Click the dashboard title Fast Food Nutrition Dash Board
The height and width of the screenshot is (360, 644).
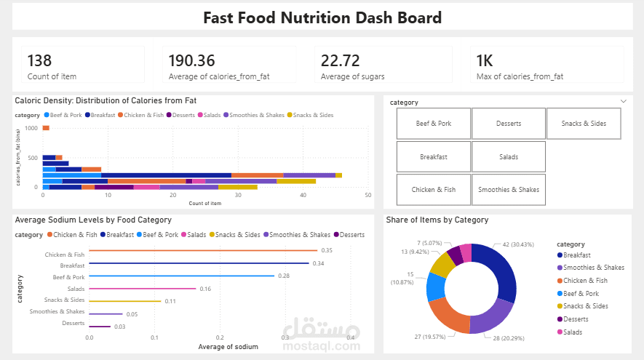click(x=322, y=17)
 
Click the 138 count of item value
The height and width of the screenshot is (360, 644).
click(x=39, y=60)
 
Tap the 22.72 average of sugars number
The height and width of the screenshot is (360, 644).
click(x=343, y=60)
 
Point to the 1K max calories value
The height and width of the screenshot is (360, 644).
click(x=485, y=60)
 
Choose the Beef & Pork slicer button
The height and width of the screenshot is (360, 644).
click(x=434, y=124)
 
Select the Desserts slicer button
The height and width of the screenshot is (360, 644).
click(x=509, y=124)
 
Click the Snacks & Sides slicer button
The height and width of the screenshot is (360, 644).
click(x=584, y=124)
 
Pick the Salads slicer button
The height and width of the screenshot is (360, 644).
click(x=509, y=156)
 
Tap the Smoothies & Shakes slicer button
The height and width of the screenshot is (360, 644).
click(x=509, y=190)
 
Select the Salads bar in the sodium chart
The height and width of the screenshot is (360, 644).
click(x=142, y=289)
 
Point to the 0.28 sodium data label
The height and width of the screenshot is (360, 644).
click(x=284, y=276)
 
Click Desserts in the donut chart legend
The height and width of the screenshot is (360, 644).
click(x=576, y=319)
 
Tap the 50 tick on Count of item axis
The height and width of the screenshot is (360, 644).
click(x=368, y=195)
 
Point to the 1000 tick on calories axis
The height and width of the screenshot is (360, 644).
click(x=31, y=128)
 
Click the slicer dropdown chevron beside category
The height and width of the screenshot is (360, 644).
click(x=623, y=102)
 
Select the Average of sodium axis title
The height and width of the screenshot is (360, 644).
click(x=228, y=347)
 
